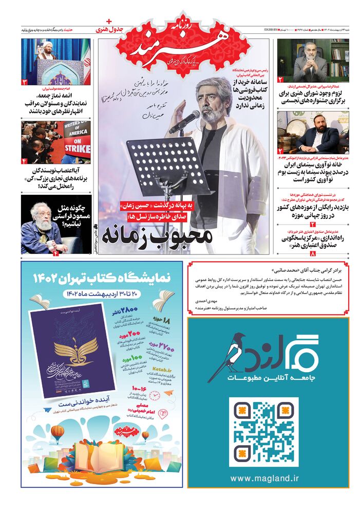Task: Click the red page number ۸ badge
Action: (313, 253)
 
